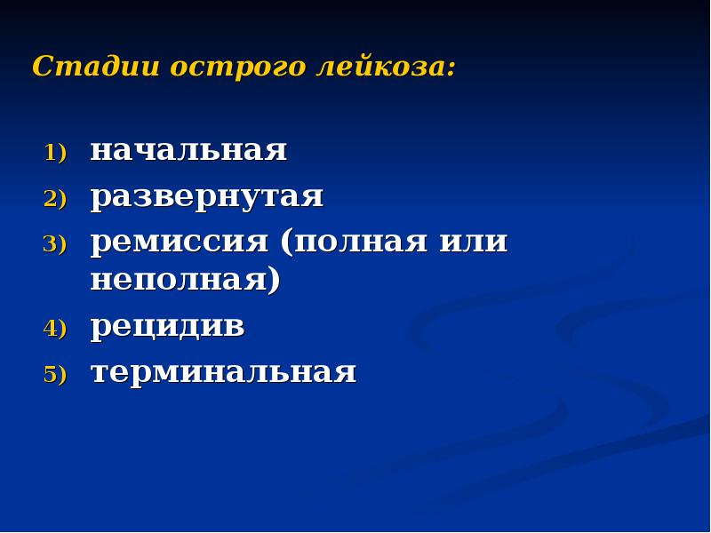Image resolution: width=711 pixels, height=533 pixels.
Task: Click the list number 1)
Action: point(55,153)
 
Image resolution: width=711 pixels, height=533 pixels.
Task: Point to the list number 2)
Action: point(55,199)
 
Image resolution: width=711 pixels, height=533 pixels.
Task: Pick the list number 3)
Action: point(55,245)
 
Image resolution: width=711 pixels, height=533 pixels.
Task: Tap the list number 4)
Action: point(55,330)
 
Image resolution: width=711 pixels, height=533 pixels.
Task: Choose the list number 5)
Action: point(55,375)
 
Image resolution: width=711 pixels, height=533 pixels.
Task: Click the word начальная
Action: point(188,150)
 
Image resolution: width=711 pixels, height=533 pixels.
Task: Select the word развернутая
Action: point(206,196)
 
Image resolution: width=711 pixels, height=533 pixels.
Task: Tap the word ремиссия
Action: point(179,242)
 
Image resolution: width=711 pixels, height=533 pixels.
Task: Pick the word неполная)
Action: point(185,281)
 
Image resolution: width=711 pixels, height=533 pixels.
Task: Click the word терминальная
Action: point(223,372)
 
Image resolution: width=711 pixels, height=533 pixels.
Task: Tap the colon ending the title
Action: point(451,69)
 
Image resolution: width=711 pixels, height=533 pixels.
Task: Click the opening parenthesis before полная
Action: point(285,243)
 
